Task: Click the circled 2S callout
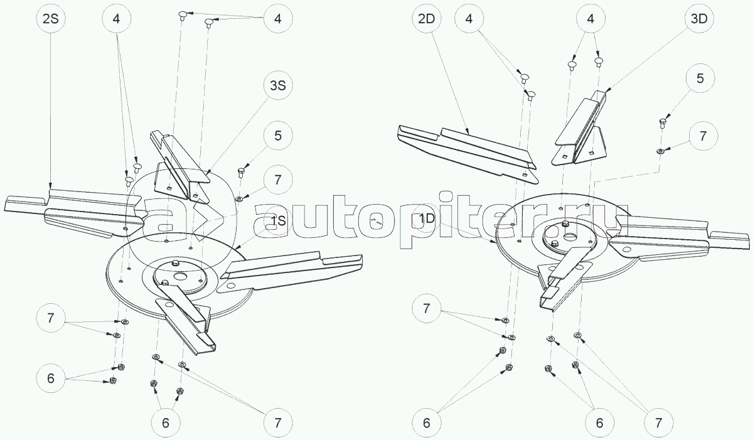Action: [50, 19]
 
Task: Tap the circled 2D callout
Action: [427, 19]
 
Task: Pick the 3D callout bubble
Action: [699, 19]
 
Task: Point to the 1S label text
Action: [278, 221]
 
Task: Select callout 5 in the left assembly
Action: [277, 135]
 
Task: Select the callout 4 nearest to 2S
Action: [117, 19]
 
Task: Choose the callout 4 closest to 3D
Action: [590, 19]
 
